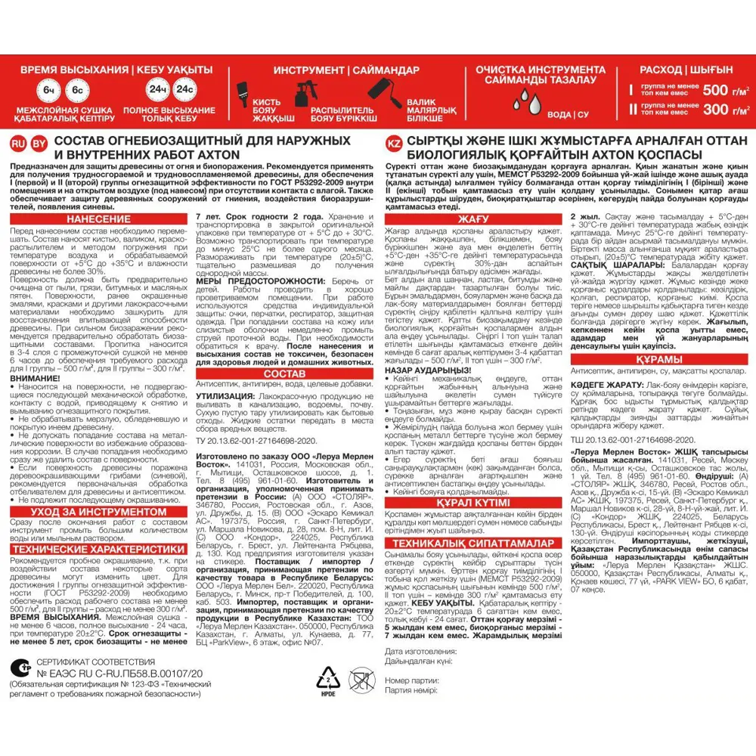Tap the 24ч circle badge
pos(158,90)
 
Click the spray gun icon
pos(308,95)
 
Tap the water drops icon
pos(527,98)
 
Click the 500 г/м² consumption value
pos(726,90)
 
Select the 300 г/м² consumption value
pos(726,110)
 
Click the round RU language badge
pos(17,144)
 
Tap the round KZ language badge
pos(393,144)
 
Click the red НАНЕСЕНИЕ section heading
pos(98,219)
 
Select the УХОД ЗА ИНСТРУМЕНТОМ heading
pos(98,512)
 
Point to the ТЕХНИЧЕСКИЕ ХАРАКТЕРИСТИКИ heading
pos(98,549)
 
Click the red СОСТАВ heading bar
pos(286,373)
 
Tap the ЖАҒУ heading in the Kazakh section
pos(472,219)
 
